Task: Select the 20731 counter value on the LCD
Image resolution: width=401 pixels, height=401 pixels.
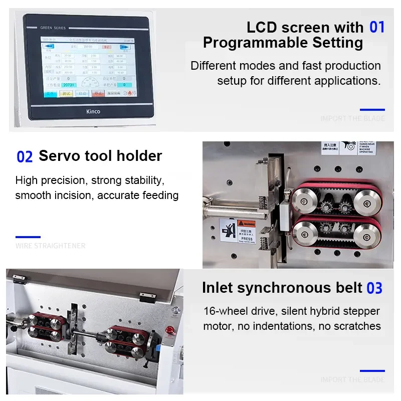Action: (69, 85)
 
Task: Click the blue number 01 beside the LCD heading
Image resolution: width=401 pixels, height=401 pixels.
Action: (377, 27)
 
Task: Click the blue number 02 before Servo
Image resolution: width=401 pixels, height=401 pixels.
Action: (25, 157)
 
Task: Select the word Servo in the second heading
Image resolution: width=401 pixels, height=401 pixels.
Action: (59, 156)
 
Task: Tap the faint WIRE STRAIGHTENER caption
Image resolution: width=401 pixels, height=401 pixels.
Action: (50, 246)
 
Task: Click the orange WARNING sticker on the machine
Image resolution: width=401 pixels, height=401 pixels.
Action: (246, 223)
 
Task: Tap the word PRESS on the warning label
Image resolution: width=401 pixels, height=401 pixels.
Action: (247, 239)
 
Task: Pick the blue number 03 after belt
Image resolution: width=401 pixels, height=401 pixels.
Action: (374, 288)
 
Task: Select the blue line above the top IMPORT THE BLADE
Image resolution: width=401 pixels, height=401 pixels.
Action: (372, 109)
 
